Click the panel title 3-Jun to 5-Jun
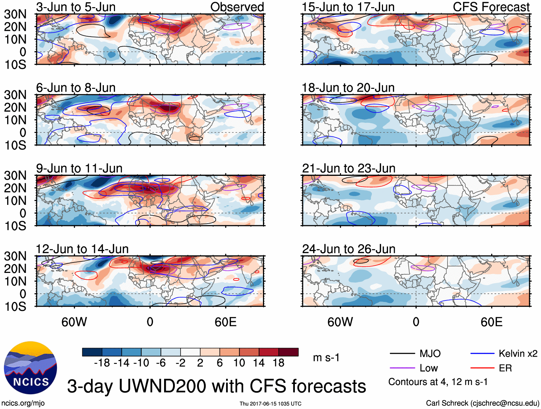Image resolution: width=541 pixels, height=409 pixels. (76, 7)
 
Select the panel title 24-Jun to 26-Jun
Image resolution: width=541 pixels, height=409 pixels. (349, 249)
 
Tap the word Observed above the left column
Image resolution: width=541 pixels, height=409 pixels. (237, 7)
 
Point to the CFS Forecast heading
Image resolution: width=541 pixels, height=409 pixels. (491, 7)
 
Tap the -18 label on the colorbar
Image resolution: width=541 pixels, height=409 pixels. (102, 363)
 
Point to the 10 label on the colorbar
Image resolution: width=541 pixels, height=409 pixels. (239, 363)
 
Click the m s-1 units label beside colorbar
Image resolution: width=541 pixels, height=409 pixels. (326, 358)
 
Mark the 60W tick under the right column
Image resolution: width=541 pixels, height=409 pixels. (340, 322)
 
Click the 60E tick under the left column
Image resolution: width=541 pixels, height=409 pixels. (225, 322)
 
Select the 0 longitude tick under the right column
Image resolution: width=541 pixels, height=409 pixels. (416, 322)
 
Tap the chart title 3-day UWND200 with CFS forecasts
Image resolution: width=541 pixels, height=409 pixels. (216, 386)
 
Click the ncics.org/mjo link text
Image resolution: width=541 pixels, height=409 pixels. (23, 403)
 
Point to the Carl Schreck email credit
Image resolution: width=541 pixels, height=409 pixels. (482, 403)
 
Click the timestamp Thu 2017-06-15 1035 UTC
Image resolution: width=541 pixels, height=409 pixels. (270, 404)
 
